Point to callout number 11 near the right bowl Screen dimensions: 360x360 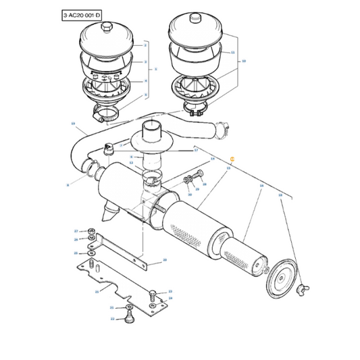pos(232,52)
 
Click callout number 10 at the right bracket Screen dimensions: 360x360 pos(244,61)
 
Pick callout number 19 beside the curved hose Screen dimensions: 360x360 pos(73,124)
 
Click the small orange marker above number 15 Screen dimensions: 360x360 pos(232,158)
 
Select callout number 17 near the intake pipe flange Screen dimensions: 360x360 pos(196,151)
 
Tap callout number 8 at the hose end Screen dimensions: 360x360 pos(68,184)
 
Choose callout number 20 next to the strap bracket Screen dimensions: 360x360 pos(164,260)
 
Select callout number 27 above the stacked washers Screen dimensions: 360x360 pos(76,230)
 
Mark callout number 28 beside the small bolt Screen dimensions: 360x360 pos(204,184)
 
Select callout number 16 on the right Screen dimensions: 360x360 pos(280,195)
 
